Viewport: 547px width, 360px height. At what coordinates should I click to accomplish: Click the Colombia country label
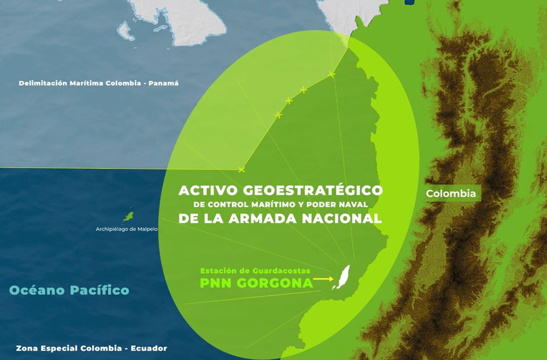pyautogui.click(x=451, y=193)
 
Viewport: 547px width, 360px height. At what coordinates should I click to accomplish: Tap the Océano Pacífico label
pyautogui.click(x=69, y=290)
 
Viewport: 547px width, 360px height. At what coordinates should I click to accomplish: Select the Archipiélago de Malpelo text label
pyautogui.click(x=127, y=229)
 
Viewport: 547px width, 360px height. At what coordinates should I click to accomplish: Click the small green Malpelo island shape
pyautogui.click(x=129, y=216)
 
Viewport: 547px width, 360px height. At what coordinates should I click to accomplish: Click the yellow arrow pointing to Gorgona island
pyautogui.click(x=324, y=279)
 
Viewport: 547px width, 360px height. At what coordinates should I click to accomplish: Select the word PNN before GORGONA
pyautogui.click(x=216, y=283)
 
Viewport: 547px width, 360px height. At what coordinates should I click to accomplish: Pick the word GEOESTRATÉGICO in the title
pyautogui.click(x=313, y=190)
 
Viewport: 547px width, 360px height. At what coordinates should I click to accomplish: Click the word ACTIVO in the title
pyautogui.click(x=208, y=190)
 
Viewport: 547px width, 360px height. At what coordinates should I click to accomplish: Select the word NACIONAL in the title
pyautogui.click(x=342, y=219)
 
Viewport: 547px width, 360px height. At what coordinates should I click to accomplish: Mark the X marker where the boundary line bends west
pyautogui.click(x=241, y=170)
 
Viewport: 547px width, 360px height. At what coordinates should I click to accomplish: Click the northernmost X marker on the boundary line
pyautogui.click(x=332, y=74)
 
